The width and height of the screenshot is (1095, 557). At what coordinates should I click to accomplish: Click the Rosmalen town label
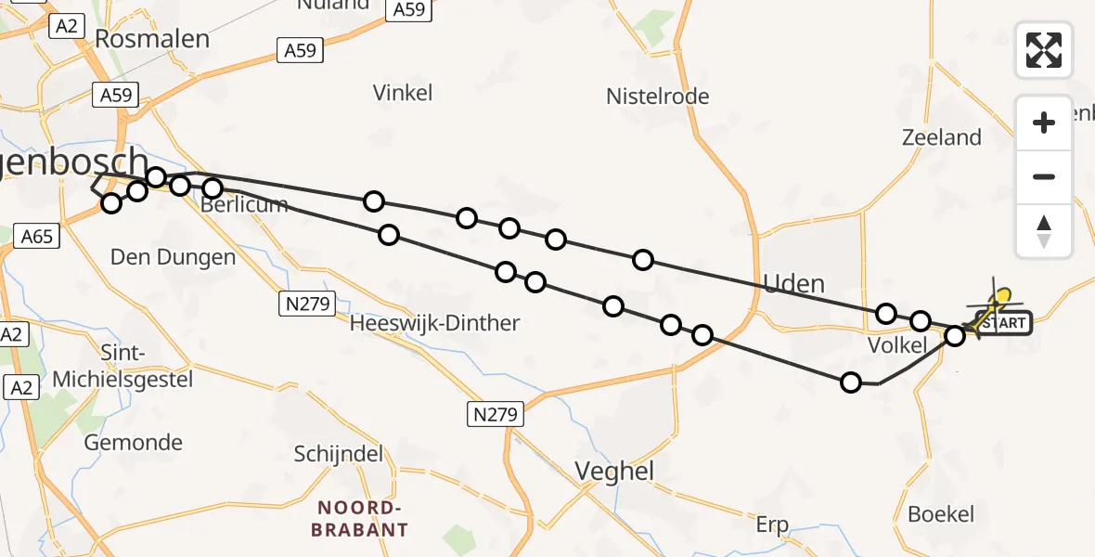[x=153, y=40]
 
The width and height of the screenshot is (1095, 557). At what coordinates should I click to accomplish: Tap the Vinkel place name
[x=403, y=93]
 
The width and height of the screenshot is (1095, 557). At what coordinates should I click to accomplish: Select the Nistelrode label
[x=657, y=97]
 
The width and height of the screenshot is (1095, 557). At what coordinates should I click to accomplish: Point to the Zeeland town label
[x=942, y=138]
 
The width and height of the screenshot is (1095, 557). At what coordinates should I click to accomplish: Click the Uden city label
[x=793, y=283]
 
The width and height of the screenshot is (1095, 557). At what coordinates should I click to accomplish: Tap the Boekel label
[x=941, y=514]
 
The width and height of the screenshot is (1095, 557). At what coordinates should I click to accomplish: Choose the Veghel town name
[x=614, y=472]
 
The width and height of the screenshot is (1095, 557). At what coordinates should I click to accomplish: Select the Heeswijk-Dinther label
[x=434, y=324]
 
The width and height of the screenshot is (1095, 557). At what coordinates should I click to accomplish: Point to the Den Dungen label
[x=174, y=257]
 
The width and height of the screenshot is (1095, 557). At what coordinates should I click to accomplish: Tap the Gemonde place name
[x=134, y=443]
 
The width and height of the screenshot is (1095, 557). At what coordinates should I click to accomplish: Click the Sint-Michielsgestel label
[x=122, y=366]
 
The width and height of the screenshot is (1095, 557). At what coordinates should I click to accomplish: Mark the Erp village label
[x=771, y=525]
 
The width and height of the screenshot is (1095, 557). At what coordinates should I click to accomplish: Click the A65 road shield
[x=37, y=237]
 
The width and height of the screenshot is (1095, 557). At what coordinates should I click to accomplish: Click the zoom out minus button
[x=1044, y=176]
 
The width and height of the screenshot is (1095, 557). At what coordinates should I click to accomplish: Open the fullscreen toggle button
[x=1044, y=49]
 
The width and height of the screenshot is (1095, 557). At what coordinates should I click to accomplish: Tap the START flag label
[x=1002, y=323]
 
